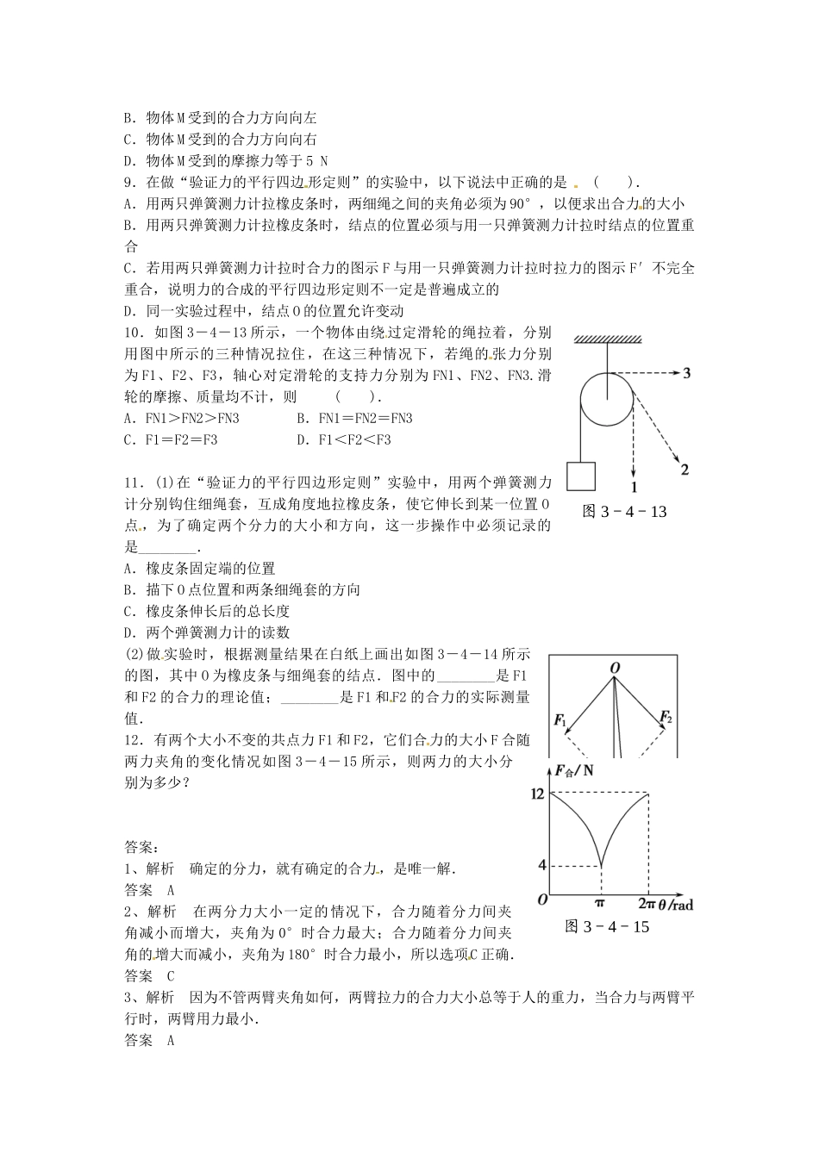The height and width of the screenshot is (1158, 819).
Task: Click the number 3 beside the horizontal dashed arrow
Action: [x=686, y=374]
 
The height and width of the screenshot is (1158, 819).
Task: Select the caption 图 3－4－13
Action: [x=625, y=512]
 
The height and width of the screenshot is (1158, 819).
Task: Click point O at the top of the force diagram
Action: [x=615, y=669]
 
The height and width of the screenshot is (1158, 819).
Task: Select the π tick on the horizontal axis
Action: [x=600, y=904]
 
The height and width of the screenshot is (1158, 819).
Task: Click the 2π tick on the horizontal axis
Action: [x=647, y=904]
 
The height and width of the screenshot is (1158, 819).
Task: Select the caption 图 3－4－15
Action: [x=607, y=927]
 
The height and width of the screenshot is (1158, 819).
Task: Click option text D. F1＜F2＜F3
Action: [x=344, y=439]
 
